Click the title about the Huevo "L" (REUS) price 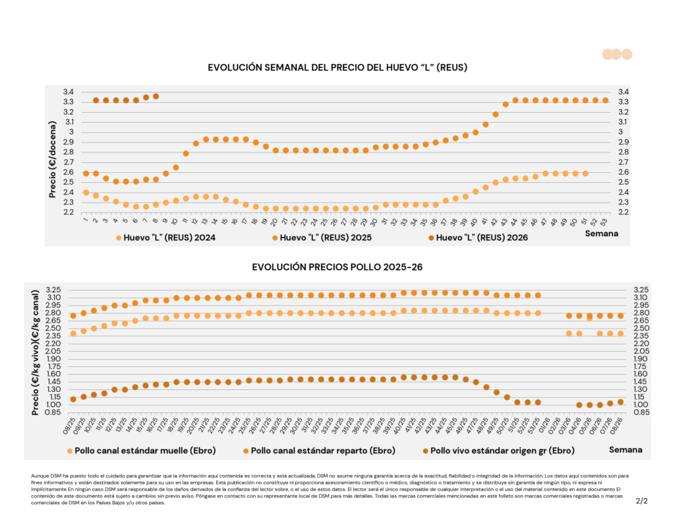coord(337,67)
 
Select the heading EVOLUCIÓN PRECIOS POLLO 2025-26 coord(337,267)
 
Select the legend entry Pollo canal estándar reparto coord(323,451)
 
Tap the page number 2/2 coord(641,501)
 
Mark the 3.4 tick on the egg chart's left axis coord(69,92)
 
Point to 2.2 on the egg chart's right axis coord(623,212)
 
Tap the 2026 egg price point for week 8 coord(156,96)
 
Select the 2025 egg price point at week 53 coord(605,100)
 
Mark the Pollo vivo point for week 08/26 coord(620,402)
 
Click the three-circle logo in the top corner coord(617,54)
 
